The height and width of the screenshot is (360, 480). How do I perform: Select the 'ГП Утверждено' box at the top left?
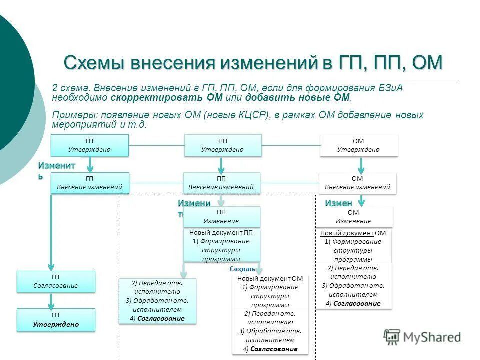(x=89, y=145)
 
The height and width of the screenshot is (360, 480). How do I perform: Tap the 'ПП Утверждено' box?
(x=223, y=145)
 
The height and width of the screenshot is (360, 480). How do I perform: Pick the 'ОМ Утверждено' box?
(x=358, y=145)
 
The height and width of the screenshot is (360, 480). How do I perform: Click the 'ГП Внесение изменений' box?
(x=90, y=183)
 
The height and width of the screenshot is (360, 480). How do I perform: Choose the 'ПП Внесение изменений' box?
(x=221, y=183)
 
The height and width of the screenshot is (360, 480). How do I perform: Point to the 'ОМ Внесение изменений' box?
(x=357, y=183)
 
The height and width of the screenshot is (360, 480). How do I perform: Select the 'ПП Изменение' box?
(x=221, y=217)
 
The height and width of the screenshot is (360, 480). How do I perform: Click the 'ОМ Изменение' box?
(x=354, y=217)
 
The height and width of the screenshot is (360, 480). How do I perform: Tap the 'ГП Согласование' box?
(x=56, y=281)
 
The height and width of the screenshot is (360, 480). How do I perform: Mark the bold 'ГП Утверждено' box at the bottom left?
(x=56, y=320)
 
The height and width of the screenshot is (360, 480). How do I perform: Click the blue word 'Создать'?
(x=242, y=269)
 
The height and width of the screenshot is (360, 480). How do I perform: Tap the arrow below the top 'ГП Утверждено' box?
(x=90, y=164)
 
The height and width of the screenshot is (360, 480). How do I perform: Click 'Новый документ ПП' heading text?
(x=221, y=233)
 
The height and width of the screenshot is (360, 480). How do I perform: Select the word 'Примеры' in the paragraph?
(x=69, y=115)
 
